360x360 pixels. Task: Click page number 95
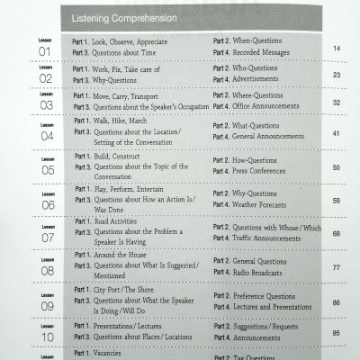click(336, 333)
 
